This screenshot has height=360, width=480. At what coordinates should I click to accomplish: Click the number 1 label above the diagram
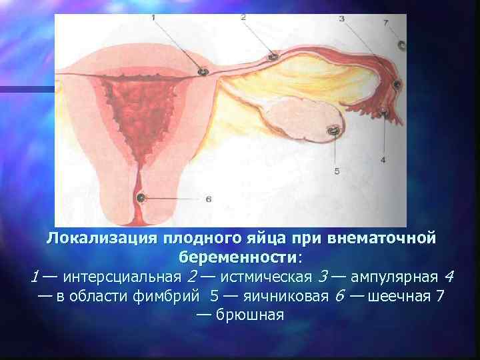coord(154,17)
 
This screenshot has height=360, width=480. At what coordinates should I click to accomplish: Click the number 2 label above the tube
coord(243,19)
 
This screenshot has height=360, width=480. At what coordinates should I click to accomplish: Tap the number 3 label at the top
coord(342,19)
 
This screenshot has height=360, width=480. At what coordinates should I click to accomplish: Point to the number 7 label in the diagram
coord(386,23)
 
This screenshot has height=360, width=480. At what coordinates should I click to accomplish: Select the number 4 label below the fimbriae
coord(383,159)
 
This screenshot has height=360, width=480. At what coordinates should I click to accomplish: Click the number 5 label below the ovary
coord(336,171)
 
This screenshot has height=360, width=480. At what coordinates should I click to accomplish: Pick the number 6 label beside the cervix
coord(209,199)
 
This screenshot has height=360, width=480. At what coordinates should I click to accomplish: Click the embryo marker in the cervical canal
coord(141,198)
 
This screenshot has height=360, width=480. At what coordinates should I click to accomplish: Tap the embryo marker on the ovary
coord(331,131)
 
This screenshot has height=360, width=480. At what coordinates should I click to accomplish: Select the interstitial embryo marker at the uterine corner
coord(203,71)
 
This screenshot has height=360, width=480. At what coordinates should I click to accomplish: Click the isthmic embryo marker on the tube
coord(273,57)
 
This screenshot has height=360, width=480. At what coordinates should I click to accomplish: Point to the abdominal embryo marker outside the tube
coord(402,46)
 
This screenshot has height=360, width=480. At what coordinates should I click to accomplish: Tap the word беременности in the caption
coord(238,257)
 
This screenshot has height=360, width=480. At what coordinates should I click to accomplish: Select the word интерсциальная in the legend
coord(126,276)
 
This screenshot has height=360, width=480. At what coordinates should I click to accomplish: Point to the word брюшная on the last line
coord(251,315)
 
